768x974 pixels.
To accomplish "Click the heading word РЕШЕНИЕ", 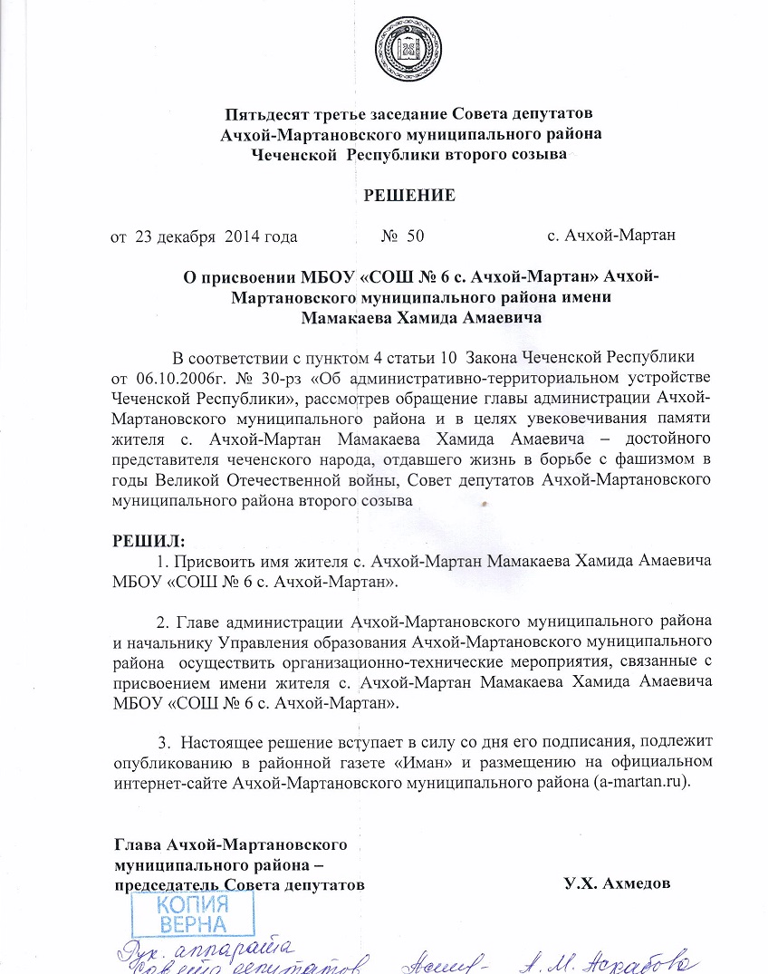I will coord(409,196).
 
